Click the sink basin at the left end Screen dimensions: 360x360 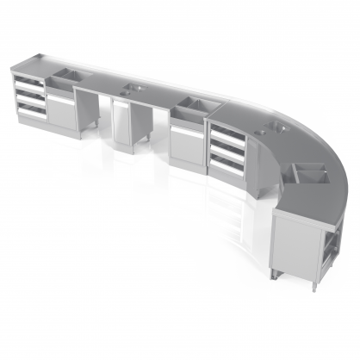pyautogui.click(x=61, y=80)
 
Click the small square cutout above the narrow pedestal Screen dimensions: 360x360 pyautogui.click(x=139, y=90)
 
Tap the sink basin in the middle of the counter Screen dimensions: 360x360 pyautogui.click(x=193, y=106)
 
